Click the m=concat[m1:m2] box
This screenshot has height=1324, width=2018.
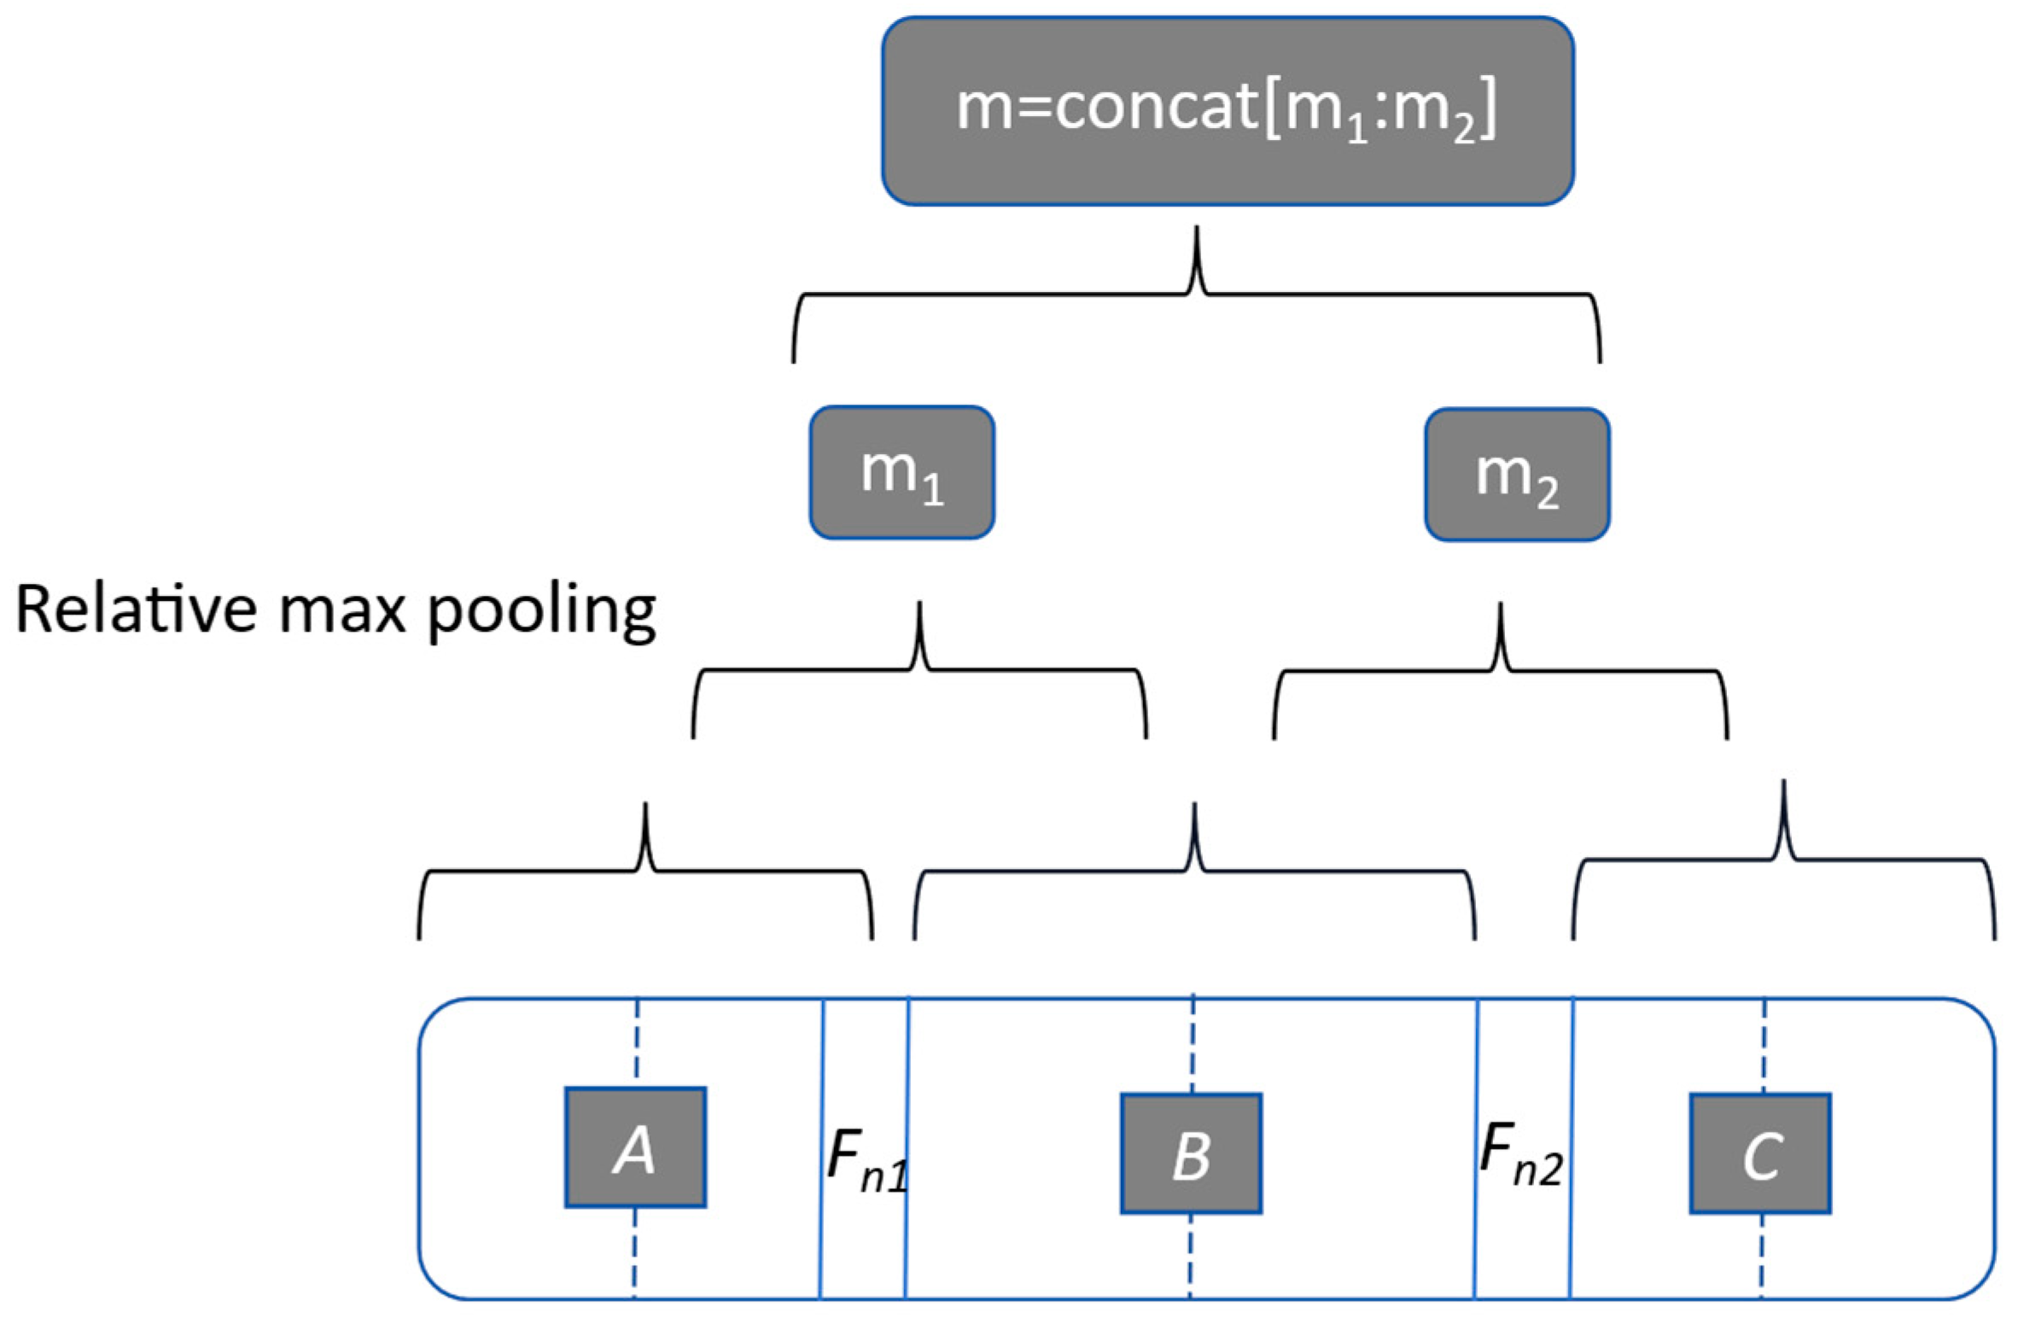tap(1227, 111)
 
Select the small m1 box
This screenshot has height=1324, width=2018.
tap(901, 472)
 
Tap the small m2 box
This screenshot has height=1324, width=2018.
tap(1516, 475)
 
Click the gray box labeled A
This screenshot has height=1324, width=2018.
tap(635, 1146)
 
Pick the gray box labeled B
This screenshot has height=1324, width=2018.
tap(1191, 1152)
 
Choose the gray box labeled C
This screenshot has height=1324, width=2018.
tap(1760, 1152)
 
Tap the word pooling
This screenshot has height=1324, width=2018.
tap(541, 613)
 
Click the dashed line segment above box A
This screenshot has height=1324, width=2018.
tap(636, 1041)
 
